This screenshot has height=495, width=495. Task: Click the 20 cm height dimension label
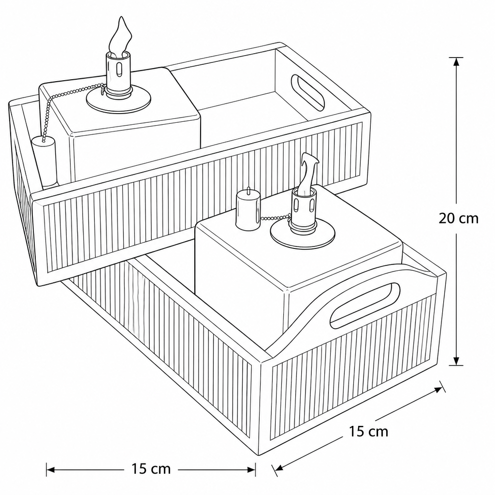pyautogui.click(x=458, y=218)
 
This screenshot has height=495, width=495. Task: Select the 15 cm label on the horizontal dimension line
pyautogui.click(x=151, y=469)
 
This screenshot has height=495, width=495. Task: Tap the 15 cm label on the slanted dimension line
pyautogui.click(x=368, y=431)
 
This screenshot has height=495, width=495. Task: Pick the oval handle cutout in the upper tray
pyautogui.click(x=308, y=92)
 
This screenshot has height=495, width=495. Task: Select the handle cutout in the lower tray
pyautogui.click(x=364, y=306)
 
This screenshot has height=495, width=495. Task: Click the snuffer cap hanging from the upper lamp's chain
pyautogui.click(x=44, y=161)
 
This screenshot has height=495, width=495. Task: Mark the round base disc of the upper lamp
pyautogui.click(x=118, y=100)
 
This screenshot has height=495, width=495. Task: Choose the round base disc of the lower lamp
pyautogui.click(x=303, y=234)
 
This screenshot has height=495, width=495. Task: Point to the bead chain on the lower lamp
pyautogui.click(x=275, y=217)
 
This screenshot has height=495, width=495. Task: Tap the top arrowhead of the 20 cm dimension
pyautogui.click(x=456, y=62)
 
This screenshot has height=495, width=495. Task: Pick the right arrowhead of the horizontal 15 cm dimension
pyautogui.click(x=251, y=470)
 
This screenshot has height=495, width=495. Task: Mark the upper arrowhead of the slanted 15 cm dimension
pyautogui.click(x=438, y=390)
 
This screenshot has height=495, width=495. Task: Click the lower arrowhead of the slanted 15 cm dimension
pyautogui.click(x=279, y=467)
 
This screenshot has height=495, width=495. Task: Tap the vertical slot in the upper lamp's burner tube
pyautogui.click(x=119, y=70)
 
